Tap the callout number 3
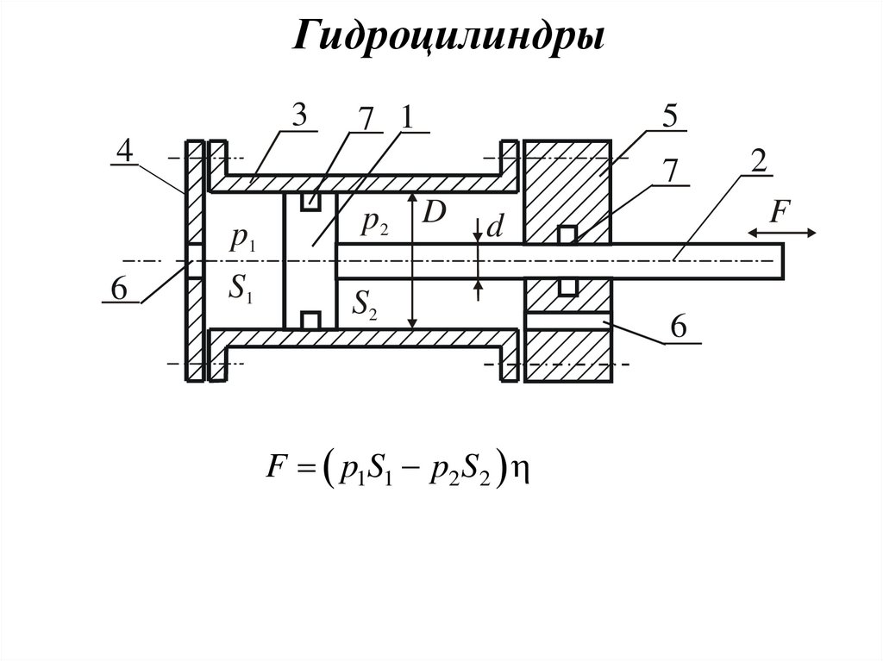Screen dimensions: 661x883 pyautogui.click(x=299, y=117)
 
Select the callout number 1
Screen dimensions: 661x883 pyautogui.click(x=404, y=117)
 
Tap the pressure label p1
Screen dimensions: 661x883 pyautogui.click(x=241, y=240)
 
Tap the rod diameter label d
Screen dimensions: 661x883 pyautogui.click(x=494, y=228)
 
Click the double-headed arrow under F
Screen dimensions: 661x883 pyautogui.click(x=781, y=232)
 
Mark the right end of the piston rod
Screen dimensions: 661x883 pyautogui.click(x=783, y=261)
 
